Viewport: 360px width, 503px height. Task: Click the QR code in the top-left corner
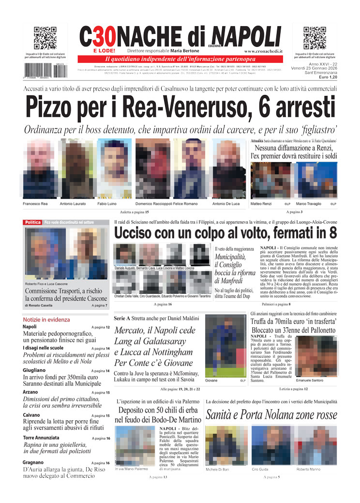point(45,38)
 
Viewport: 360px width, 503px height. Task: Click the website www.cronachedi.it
point(263,51)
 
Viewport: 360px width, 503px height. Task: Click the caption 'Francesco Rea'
point(35,204)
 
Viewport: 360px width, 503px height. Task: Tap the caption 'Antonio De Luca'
point(226,204)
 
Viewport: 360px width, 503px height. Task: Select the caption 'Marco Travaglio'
point(310,204)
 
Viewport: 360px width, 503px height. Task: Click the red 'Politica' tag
point(33,222)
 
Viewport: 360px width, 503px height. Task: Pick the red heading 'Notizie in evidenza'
point(46,320)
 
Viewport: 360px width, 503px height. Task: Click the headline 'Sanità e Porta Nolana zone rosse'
point(271,415)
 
